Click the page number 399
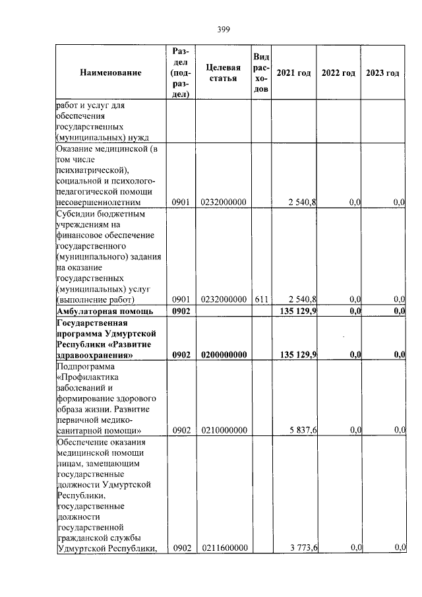coord(223,29)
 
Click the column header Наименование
coord(111,73)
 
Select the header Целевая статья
coord(223,73)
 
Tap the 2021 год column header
coord(293,73)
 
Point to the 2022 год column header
coord(338,73)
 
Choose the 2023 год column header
coord(382,73)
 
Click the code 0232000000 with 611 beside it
coord(223,299)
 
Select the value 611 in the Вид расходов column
coord(260,299)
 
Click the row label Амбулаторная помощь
coord(105,311)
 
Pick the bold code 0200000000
coord(223,355)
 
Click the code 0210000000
coord(223,430)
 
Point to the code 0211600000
coord(223,548)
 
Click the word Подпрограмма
coord(86,365)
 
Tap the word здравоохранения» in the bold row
coord(92,355)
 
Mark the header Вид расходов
coord(260,73)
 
